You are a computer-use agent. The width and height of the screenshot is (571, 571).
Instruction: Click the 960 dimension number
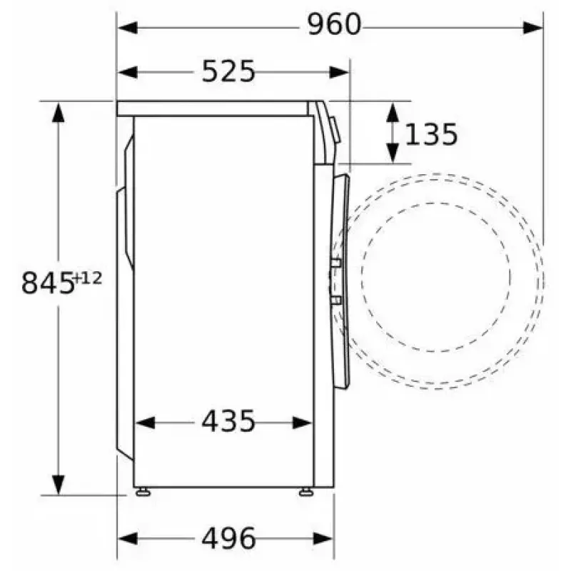pyautogui.click(x=334, y=24)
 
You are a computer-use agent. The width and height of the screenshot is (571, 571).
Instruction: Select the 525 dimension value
pyautogui.click(x=228, y=71)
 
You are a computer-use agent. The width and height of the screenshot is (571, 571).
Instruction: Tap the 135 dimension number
pyautogui.click(x=431, y=134)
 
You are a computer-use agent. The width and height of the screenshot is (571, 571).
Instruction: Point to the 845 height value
pyautogui.click(x=47, y=283)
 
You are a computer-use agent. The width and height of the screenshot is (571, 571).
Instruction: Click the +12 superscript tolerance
pyautogui.click(x=87, y=278)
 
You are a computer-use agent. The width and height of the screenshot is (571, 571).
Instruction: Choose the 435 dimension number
pyautogui.click(x=228, y=421)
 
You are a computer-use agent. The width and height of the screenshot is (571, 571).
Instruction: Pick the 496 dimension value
pyautogui.click(x=228, y=538)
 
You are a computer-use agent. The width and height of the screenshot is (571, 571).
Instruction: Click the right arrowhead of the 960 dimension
pyautogui.click(x=532, y=28)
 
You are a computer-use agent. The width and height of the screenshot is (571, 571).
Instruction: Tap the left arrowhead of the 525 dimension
pyautogui.click(x=128, y=72)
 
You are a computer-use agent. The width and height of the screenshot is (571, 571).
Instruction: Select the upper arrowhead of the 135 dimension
pyautogui.click(x=392, y=112)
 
